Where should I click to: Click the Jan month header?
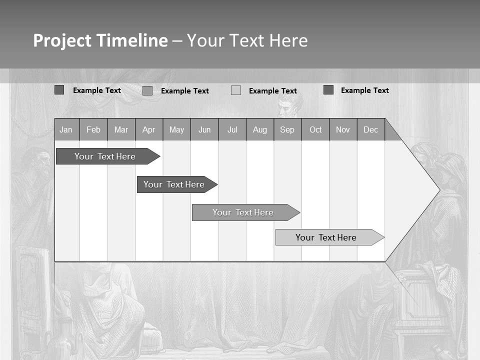point(66,129)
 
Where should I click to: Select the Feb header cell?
point(93,129)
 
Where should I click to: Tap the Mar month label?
point(121,129)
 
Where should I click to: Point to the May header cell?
point(176,129)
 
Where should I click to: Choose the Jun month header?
point(204,129)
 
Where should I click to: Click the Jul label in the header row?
point(232,129)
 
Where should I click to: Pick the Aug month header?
point(260,129)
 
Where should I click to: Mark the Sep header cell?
point(287,129)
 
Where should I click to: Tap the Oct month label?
point(315,129)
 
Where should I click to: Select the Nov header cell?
point(343,129)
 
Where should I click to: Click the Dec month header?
point(371,129)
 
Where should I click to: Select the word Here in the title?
point(288,40)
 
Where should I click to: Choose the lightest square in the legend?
point(236,90)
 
